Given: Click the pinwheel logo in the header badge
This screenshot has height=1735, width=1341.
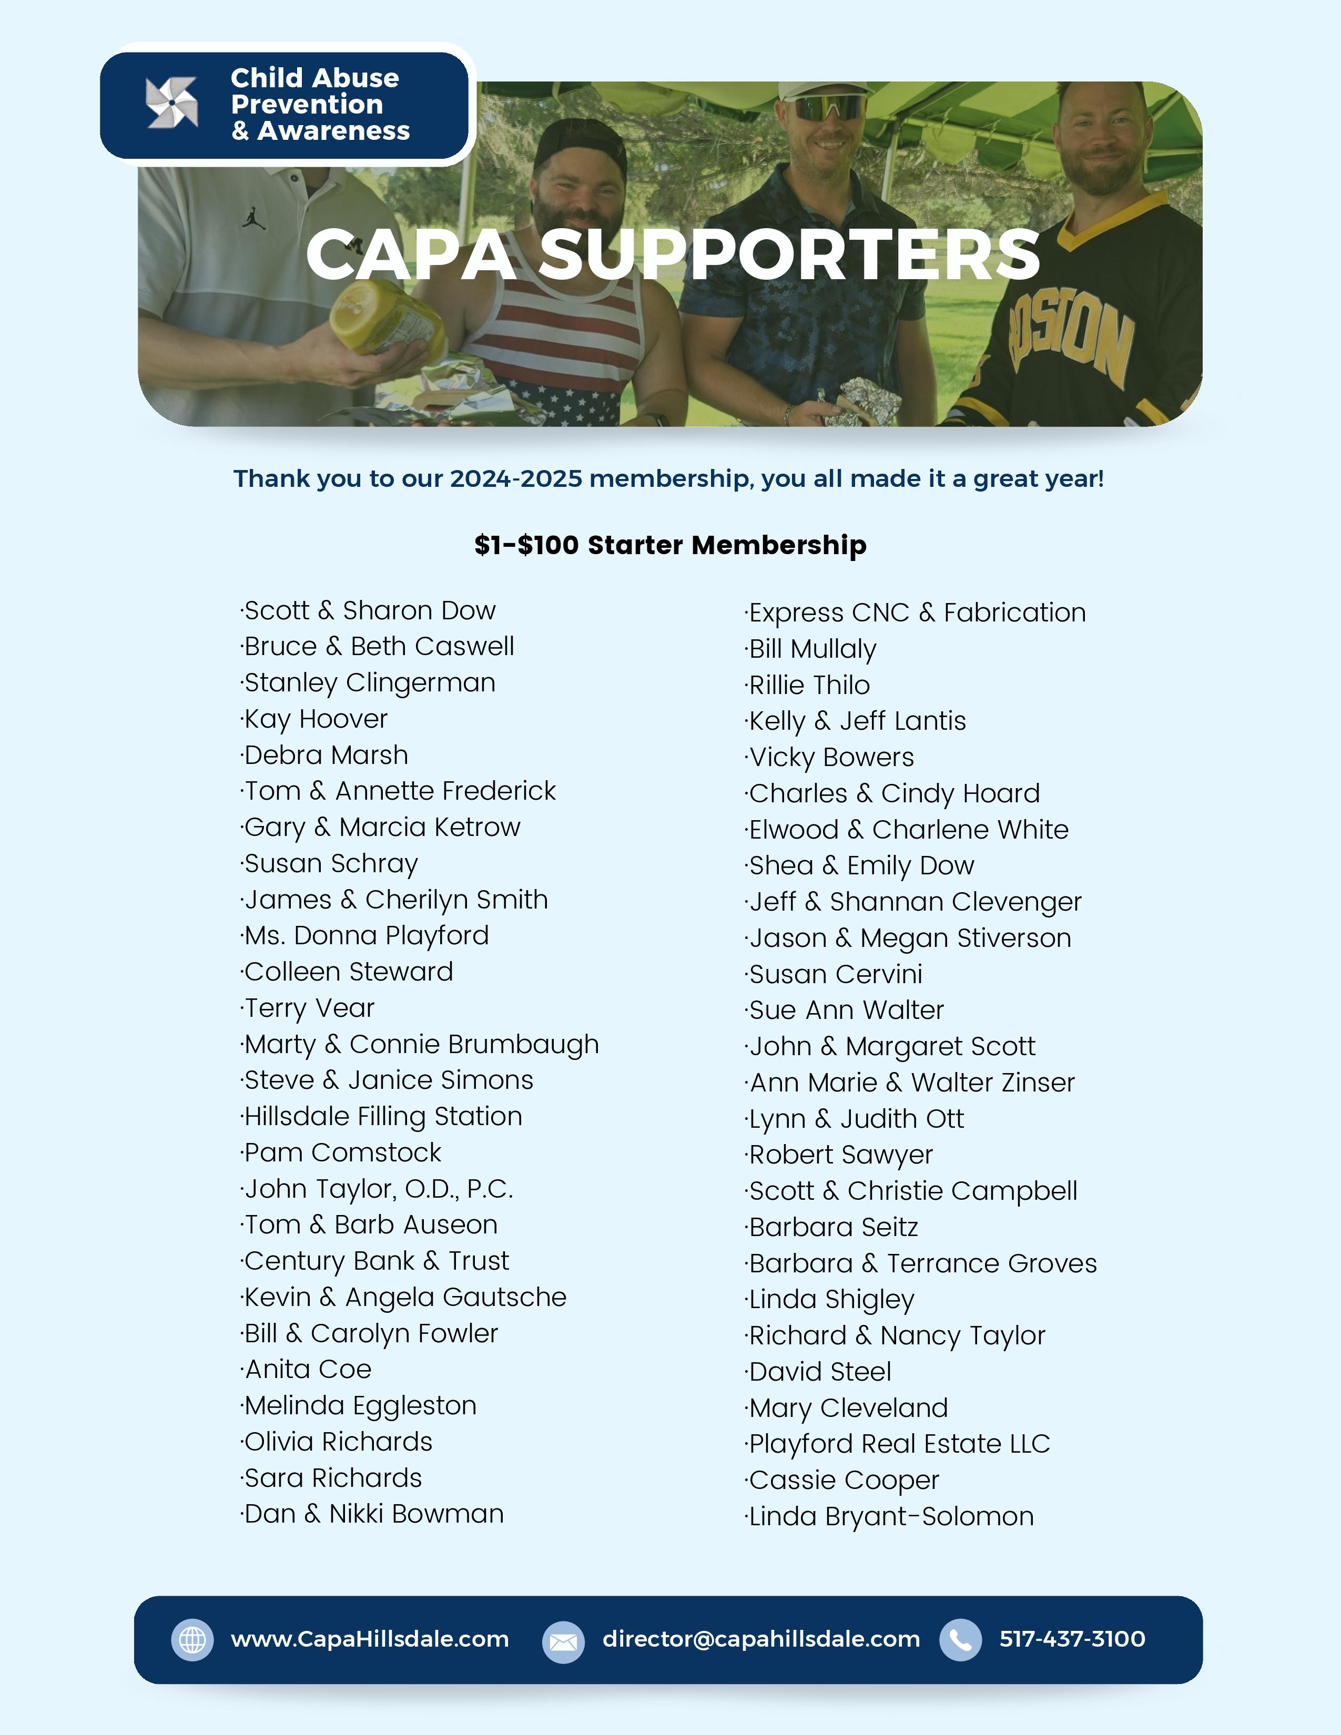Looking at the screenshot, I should [171, 103].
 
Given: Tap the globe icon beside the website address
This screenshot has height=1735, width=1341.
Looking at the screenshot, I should [192, 1640].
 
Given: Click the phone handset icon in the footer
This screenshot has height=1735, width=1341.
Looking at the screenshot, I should [960, 1640].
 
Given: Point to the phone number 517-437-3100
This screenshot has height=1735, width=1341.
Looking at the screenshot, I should [1072, 1639].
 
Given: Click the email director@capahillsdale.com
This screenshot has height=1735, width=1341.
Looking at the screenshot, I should [760, 1639].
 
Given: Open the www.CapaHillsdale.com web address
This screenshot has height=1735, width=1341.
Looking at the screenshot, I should [369, 1639].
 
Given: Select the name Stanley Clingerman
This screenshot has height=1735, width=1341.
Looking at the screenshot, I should [369, 683].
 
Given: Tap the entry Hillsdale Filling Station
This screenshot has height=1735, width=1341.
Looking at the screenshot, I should [382, 1116].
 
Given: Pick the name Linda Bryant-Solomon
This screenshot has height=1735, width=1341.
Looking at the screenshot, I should [890, 1516].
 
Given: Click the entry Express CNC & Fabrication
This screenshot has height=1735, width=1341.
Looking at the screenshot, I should [917, 613].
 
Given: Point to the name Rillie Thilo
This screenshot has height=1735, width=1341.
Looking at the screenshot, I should [809, 685].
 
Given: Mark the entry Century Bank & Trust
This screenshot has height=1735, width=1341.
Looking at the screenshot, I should [376, 1261].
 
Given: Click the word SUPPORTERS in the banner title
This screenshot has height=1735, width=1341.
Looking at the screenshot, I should [790, 254].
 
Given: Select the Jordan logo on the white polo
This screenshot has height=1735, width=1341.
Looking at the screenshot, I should [253, 219].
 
